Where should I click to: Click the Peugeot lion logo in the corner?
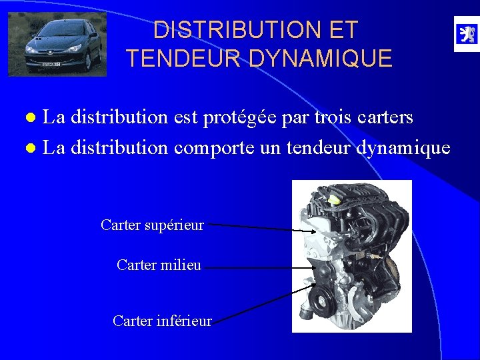[x=465, y=34]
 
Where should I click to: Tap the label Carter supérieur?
[x=152, y=225]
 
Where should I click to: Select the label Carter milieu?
[x=159, y=265]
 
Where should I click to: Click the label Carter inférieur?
[x=162, y=321]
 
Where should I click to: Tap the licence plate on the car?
[x=51, y=65]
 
